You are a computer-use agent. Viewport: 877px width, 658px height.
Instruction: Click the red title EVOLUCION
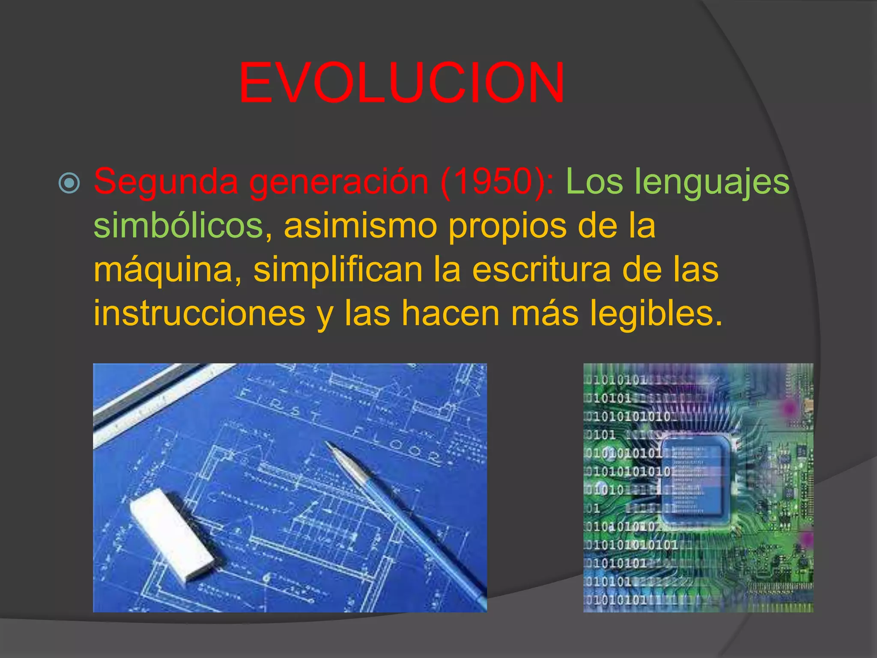click(x=401, y=83)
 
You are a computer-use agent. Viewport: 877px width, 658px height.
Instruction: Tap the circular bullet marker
click(x=69, y=183)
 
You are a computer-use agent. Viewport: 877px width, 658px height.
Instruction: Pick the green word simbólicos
click(x=178, y=226)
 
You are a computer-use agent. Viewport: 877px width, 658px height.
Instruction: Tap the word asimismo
click(x=360, y=226)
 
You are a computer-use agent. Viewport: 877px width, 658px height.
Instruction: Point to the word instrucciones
click(x=200, y=314)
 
